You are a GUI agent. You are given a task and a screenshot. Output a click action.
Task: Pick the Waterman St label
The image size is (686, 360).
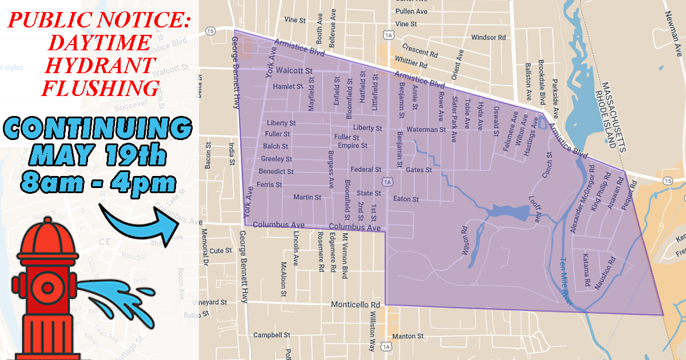click(x=426, y=130)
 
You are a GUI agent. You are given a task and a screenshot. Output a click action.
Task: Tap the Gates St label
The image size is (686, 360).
click(x=418, y=170)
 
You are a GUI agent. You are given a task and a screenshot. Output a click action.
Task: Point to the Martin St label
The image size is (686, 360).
click(x=307, y=197)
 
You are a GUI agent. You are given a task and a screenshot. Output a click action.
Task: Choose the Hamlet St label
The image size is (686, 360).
click(x=287, y=86)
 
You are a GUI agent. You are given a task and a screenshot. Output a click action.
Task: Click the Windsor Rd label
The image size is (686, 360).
click(x=489, y=38)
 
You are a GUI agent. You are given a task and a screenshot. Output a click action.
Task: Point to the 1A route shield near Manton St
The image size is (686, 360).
click(x=388, y=346)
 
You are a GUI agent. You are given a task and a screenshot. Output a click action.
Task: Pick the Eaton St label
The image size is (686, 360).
click(x=406, y=199)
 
